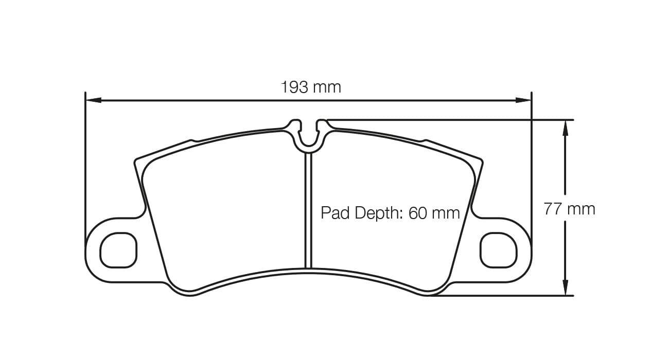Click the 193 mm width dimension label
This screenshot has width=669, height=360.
[x=310, y=87]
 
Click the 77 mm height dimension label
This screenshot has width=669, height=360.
[x=569, y=209]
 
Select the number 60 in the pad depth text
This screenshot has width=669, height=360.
[x=417, y=213]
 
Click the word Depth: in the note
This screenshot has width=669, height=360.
[x=379, y=213]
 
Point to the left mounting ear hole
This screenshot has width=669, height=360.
[x=119, y=250]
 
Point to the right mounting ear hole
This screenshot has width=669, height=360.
[x=498, y=250]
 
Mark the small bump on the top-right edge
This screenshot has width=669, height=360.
[x=424, y=140]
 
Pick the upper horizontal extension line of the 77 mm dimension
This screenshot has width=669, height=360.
[x=448, y=120]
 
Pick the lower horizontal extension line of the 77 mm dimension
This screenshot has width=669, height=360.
[x=499, y=296]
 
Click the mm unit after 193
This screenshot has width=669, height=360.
[x=327, y=87]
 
